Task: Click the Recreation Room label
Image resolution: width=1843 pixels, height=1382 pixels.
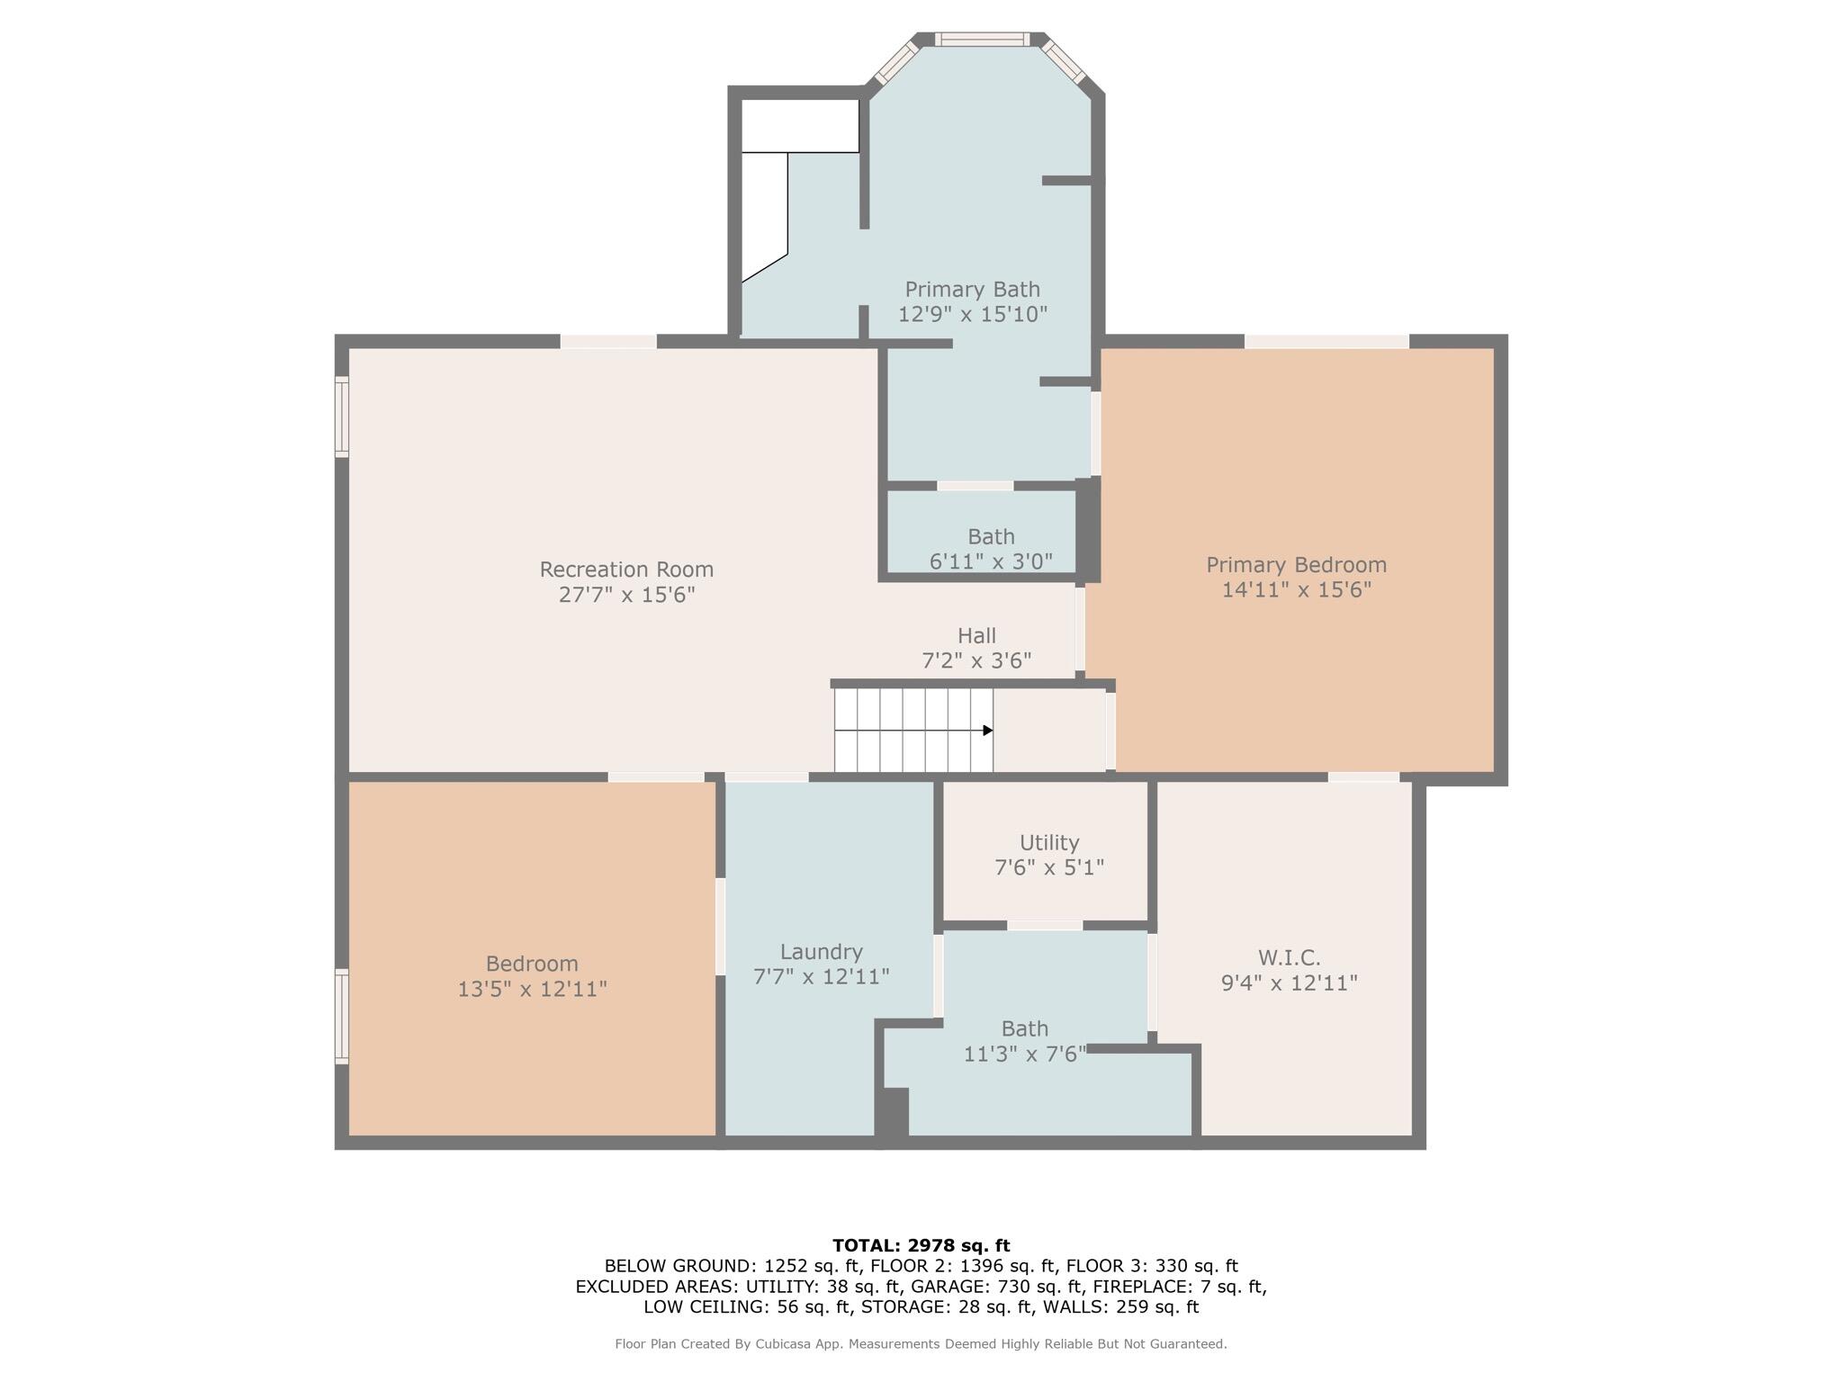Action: (x=626, y=570)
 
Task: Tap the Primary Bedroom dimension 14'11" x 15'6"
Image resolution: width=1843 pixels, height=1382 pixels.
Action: (x=1296, y=590)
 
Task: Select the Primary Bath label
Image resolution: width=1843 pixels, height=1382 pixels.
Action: (x=972, y=290)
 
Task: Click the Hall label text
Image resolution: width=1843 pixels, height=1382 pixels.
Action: (x=976, y=636)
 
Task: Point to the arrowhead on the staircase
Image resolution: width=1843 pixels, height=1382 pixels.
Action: (x=987, y=731)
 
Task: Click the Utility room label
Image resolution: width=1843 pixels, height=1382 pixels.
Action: (x=1049, y=843)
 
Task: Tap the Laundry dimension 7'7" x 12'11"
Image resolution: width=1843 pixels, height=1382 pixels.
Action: (x=821, y=976)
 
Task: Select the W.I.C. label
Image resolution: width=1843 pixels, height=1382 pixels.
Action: (x=1289, y=957)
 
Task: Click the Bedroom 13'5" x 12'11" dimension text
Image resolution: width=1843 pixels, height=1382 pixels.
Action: (x=532, y=989)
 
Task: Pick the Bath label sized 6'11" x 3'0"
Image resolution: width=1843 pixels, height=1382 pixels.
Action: (x=991, y=537)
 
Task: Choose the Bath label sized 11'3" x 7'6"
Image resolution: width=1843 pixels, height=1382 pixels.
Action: (x=1025, y=1028)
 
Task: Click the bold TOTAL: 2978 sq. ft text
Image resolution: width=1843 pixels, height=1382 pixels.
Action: (x=921, y=1246)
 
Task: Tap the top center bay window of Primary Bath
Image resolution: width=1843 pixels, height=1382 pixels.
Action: (x=981, y=39)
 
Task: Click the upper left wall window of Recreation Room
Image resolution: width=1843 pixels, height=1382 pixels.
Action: (x=342, y=417)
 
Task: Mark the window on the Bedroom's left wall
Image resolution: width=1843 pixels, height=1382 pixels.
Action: (x=342, y=1016)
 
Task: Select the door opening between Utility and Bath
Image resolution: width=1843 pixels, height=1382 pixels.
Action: (x=1044, y=926)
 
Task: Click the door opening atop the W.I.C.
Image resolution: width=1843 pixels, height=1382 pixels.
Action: (x=1363, y=777)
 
